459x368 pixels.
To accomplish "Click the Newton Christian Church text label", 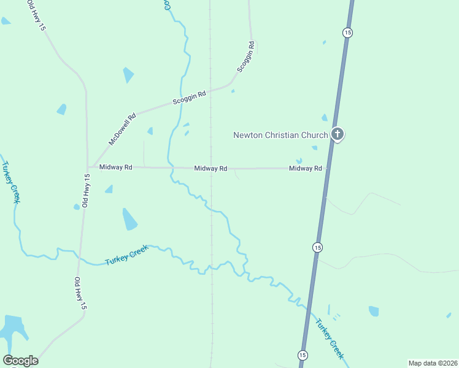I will tap(280, 135).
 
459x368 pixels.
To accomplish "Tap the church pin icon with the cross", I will tap(337, 134).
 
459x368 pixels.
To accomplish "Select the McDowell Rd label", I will tap(122, 128).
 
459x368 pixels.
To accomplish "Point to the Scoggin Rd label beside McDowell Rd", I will tap(189, 96).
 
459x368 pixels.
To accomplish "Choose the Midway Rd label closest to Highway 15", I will tap(305, 168).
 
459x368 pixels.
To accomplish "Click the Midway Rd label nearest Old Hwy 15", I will tap(115, 167).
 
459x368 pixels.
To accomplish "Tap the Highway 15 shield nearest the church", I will tap(347, 33).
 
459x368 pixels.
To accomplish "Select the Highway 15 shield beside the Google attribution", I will tap(303, 355).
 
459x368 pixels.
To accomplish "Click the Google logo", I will tap(20, 361).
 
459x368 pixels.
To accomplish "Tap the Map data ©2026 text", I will tap(433, 362).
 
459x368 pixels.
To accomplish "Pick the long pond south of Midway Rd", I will tap(129, 219).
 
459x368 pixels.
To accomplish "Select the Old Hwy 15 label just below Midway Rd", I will tap(87, 190).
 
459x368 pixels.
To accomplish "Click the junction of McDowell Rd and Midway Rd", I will tap(88, 166).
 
